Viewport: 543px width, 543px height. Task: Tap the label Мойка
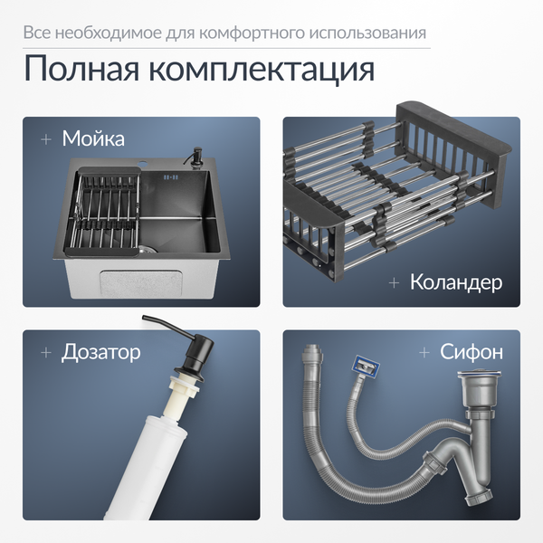pyautogui.click(x=93, y=139)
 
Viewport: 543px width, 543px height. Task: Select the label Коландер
pyautogui.click(x=455, y=282)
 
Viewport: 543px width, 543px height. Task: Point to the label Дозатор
pyautogui.click(x=100, y=351)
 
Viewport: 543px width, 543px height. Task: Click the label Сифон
pyautogui.click(x=472, y=351)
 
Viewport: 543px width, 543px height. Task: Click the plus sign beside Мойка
pyautogui.click(x=44, y=139)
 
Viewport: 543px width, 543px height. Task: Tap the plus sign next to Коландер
pyautogui.click(x=394, y=282)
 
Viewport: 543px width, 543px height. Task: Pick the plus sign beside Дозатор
pyautogui.click(x=44, y=351)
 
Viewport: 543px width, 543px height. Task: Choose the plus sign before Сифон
pyautogui.click(x=424, y=351)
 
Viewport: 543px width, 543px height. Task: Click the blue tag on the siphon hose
pyautogui.click(x=365, y=367)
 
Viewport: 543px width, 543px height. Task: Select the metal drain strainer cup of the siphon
pyautogui.click(x=482, y=388)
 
